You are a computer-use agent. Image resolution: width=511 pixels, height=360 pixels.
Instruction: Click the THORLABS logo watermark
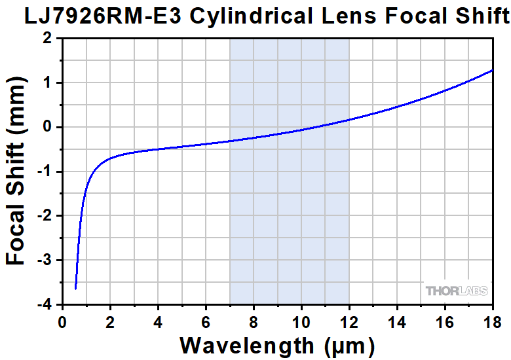pyautogui.click(x=457, y=291)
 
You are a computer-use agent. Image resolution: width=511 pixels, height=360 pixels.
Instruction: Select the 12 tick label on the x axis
pyautogui.click(x=349, y=323)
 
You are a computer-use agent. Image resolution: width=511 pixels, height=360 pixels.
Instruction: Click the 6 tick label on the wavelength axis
pyautogui.click(x=206, y=323)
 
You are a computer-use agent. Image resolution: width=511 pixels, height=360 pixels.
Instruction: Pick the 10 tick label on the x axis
pyautogui.click(x=301, y=323)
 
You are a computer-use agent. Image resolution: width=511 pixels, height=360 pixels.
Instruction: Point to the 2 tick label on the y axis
pyautogui.click(x=47, y=39)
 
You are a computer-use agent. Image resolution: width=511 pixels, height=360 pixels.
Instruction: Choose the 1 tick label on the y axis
pyautogui.click(x=47, y=83)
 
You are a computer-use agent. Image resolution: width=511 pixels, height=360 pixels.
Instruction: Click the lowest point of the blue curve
pyautogui.click(x=76, y=288)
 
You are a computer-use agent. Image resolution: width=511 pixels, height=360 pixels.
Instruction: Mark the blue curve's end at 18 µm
pyautogui.click(x=492, y=70)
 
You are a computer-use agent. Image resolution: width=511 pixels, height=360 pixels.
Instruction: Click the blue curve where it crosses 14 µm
pyautogui.click(x=396, y=107)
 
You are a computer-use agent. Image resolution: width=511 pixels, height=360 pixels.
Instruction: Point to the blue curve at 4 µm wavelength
pyautogui.click(x=158, y=149)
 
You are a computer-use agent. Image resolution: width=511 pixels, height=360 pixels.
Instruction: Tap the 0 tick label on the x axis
pyautogui.click(x=62, y=323)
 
